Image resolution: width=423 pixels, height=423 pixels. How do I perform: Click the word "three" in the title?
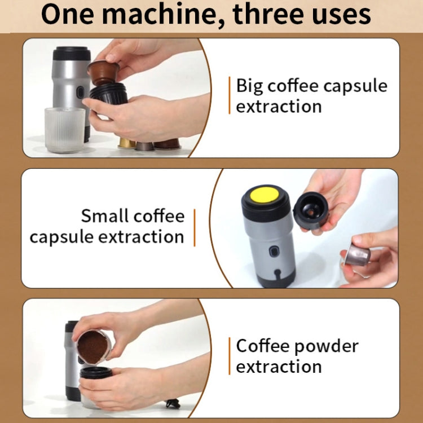270,15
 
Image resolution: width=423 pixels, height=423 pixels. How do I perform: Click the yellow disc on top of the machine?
265,195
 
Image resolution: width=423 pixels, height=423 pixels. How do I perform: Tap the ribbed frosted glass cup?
64,129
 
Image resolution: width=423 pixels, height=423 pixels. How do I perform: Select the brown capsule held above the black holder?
103,72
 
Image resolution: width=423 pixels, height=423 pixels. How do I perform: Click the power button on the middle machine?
275,252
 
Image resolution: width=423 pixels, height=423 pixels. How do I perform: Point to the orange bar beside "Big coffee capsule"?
230,96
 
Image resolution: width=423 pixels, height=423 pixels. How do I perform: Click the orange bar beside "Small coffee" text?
194,227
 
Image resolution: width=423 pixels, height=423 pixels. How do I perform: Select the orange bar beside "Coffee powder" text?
230,356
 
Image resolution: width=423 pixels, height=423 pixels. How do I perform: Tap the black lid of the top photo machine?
72,54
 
